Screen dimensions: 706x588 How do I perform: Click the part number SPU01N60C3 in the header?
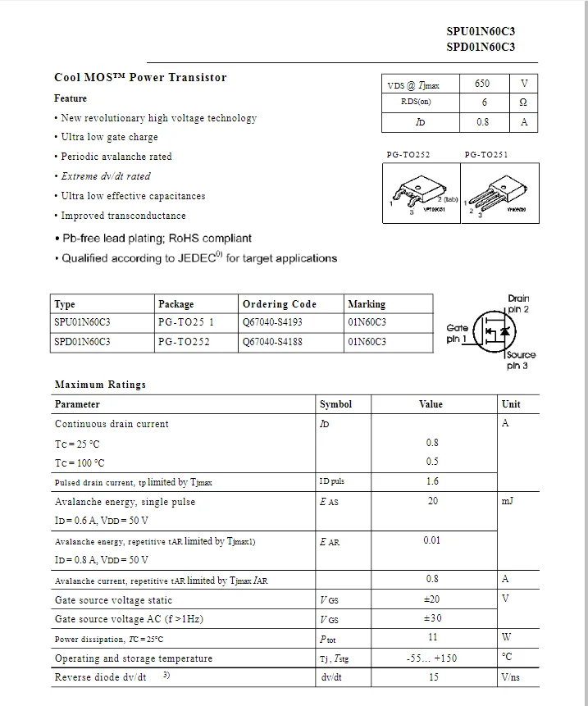pos(481,31)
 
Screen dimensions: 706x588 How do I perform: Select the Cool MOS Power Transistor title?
pos(140,78)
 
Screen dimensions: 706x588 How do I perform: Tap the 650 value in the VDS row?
pos(482,84)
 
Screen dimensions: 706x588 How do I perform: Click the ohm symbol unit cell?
pos(523,102)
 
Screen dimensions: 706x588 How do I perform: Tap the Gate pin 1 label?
pos(458,333)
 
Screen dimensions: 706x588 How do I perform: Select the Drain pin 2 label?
pos(518,303)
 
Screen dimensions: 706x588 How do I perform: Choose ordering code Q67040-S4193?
pos(272,323)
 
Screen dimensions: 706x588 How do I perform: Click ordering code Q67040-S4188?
pos(272,342)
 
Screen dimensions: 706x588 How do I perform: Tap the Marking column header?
pos(367,304)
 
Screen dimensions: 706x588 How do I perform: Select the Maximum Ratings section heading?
pos(100,385)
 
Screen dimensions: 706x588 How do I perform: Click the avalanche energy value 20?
pos(432,501)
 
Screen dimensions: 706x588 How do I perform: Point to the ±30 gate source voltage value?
pos(432,618)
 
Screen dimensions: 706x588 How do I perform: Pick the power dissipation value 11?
pos(432,637)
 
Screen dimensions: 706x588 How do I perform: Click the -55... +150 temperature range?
pos(432,658)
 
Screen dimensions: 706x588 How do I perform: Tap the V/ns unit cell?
pos(510,677)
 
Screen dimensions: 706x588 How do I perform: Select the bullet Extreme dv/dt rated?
pos(106,176)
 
